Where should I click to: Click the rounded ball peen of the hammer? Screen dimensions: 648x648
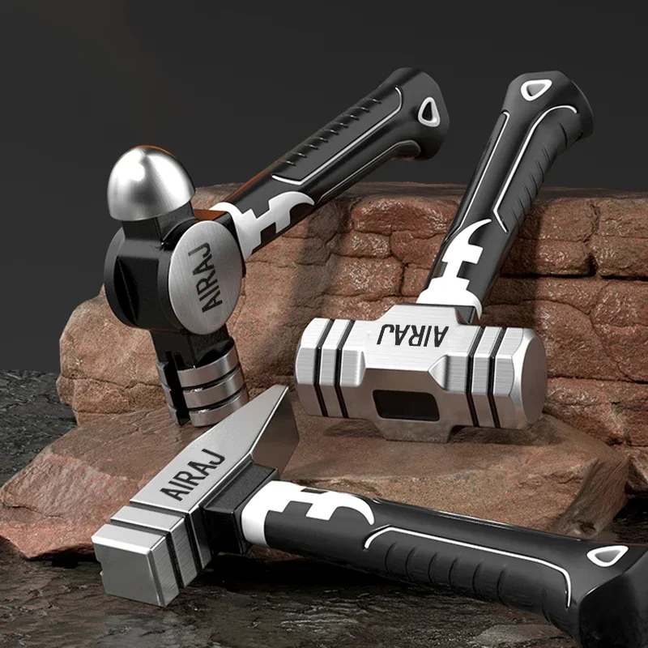click(x=150, y=183)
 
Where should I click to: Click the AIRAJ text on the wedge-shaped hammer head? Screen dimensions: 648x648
click(x=193, y=475)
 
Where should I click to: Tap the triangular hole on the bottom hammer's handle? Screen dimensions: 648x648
click(x=607, y=555)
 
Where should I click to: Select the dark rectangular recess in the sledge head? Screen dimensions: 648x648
click(x=407, y=404)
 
